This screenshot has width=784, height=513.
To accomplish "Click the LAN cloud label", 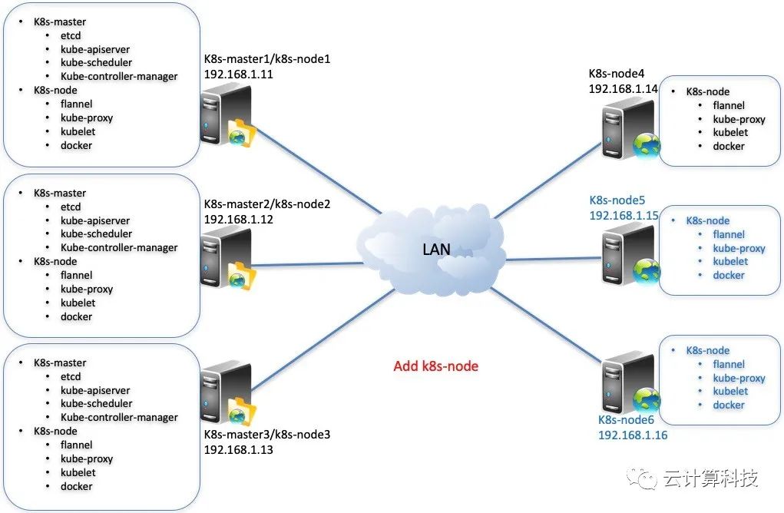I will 435,249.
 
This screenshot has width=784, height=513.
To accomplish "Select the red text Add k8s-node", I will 435,366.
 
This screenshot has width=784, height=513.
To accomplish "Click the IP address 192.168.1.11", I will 239,74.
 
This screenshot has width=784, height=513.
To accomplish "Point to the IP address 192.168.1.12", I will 239,219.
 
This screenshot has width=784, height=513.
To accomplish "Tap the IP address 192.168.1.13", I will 239,449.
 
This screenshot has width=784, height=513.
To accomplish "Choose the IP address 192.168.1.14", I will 624,88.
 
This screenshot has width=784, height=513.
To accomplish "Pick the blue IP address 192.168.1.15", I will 624,216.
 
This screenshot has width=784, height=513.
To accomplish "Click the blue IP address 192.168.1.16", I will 633,435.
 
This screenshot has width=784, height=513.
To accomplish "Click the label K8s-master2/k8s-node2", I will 266,204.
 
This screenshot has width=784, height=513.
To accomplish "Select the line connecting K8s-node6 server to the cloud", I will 549,326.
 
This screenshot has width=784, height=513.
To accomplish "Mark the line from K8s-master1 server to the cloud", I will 319,171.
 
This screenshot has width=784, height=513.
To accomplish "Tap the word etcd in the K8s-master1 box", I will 71,35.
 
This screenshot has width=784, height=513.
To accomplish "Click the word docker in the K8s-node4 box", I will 729,146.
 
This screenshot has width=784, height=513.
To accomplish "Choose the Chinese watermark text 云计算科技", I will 710,479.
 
